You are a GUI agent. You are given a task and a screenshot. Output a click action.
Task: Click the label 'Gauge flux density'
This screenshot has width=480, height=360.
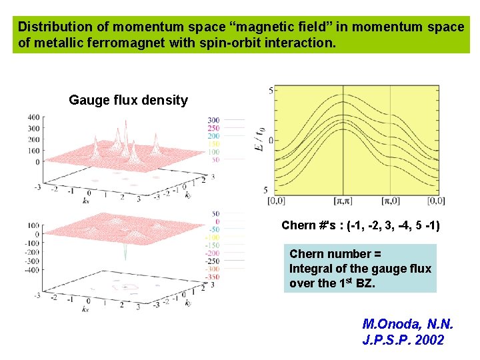(x=128, y=101)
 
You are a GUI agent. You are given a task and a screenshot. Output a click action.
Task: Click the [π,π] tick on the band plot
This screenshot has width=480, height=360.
(x=343, y=200)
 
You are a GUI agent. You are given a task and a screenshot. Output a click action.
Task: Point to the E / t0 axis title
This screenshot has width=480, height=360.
(x=259, y=141)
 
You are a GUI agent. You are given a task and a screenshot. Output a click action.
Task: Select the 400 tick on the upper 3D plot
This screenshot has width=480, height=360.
(x=34, y=117)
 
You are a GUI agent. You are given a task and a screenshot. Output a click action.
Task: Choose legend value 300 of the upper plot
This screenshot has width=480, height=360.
(x=213, y=120)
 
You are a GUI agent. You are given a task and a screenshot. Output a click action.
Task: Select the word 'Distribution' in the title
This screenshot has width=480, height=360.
(x=55, y=27)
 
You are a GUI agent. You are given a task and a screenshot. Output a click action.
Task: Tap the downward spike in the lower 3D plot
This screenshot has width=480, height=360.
(x=125, y=252)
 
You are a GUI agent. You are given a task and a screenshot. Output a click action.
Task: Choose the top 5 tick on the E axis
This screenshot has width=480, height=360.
(x=269, y=90)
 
